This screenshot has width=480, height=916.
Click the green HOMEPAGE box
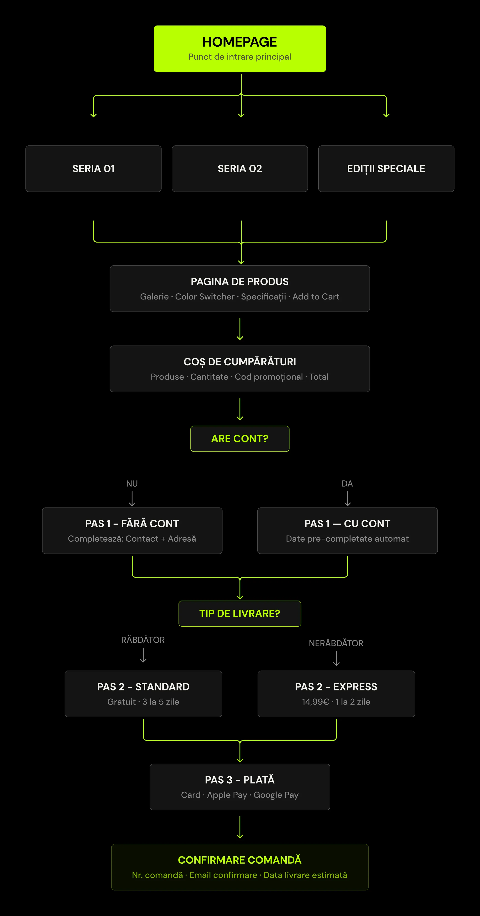[240, 49]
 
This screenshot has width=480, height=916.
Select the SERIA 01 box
[93, 169]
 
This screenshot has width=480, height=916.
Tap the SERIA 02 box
[240, 169]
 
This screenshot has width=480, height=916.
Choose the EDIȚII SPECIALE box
[386, 169]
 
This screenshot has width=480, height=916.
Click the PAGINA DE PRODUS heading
[240, 282]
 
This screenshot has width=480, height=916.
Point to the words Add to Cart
[316, 297]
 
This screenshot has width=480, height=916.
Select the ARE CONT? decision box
[240, 439]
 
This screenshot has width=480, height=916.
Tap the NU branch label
[132, 484]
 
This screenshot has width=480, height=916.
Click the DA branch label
[347, 484]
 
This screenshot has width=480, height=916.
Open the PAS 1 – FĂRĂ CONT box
[132, 530]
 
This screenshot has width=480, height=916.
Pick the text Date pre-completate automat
[347, 539]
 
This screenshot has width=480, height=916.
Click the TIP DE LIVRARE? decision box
[240, 613]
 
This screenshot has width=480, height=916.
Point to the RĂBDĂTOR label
[143, 640]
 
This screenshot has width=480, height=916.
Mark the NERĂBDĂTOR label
[336, 643]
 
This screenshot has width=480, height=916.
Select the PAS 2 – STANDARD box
[143, 694]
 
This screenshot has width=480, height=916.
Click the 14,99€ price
[316, 702]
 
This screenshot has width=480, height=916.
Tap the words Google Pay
[276, 795]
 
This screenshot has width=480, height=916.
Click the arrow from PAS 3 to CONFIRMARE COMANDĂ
[240, 827]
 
